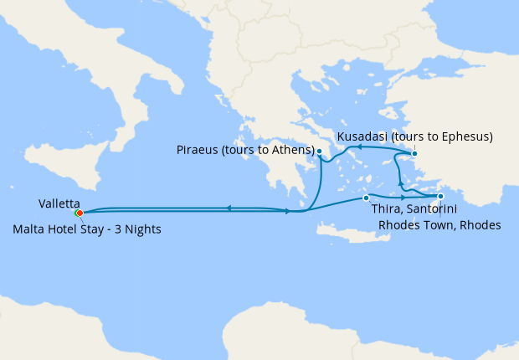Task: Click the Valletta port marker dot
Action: click(79, 213)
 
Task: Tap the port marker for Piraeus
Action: click(319, 152)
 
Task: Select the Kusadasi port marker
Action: click(414, 153)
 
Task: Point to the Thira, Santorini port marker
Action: click(366, 198)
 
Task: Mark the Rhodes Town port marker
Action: click(440, 197)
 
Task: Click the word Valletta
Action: click(59, 203)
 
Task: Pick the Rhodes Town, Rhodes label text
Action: click(439, 224)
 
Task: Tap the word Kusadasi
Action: click(362, 136)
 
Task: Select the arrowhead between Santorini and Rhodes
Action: click(403, 198)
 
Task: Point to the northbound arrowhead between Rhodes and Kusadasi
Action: click(400, 183)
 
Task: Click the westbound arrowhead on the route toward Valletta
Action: click(228, 208)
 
